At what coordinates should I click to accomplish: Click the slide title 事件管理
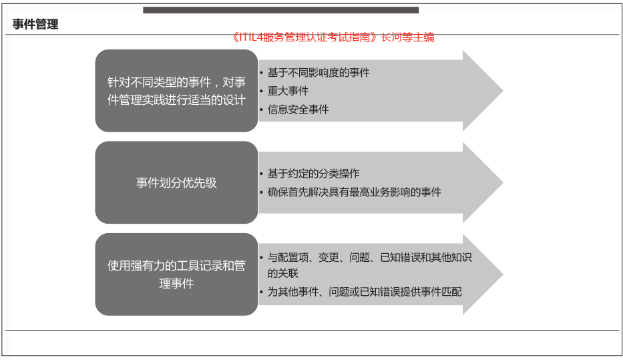point(35,24)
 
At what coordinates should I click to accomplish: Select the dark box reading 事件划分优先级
point(176,183)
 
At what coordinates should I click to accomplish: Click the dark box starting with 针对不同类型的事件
point(176,91)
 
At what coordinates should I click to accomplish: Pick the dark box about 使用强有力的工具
point(176,275)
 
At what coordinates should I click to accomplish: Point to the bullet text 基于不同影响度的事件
point(319,73)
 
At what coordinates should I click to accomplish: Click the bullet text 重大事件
point(288,91)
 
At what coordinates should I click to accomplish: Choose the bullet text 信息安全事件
point(298,110)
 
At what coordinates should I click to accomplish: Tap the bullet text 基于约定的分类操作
point(313,174)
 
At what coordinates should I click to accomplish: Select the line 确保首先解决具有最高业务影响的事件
point(355,192)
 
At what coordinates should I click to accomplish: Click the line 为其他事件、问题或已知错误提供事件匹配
point(365,292)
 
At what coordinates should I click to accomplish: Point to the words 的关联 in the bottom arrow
point(283,273)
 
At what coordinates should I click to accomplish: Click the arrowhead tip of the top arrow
point(503,91)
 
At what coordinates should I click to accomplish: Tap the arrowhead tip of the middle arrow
point(503,183)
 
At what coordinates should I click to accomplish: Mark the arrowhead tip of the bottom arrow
point(503,275)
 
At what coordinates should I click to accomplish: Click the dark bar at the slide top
point(281,10)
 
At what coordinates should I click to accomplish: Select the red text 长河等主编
point(407,37)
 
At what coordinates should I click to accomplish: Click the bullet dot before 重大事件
point(262,92)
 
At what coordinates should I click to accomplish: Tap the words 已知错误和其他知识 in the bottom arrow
point(426,258)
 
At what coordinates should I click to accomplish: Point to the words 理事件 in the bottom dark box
point(176,284)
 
